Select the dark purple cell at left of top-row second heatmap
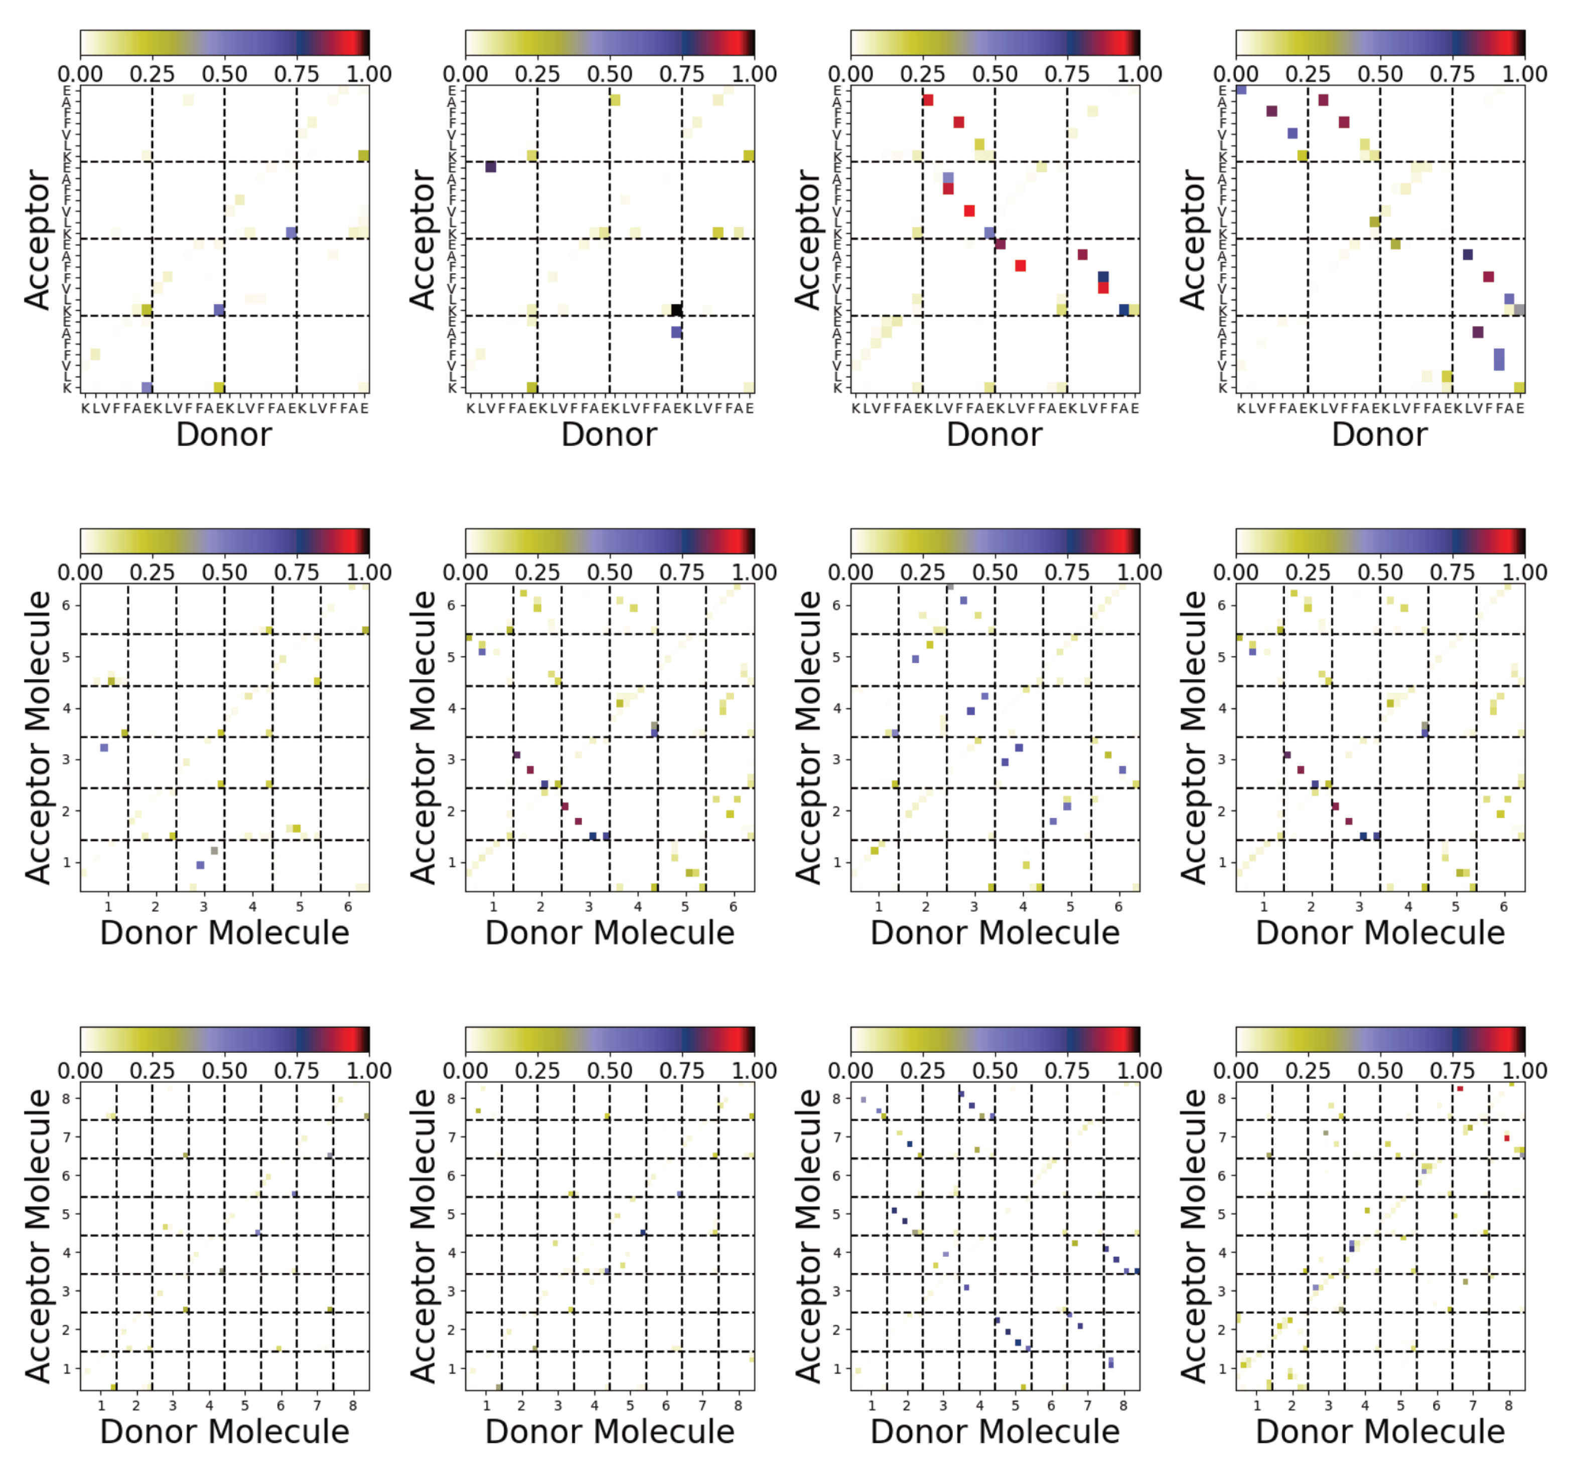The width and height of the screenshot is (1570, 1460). pos(490,167)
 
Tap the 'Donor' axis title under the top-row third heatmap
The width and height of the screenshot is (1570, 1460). pos(994,435)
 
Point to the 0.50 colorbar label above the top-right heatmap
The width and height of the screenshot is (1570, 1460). pos(1380,74)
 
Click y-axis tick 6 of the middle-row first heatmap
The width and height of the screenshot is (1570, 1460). pos(66,606)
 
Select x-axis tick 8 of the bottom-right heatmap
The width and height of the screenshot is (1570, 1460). pos(1508,1405)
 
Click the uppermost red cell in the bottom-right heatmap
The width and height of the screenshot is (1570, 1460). pos(1460,1089)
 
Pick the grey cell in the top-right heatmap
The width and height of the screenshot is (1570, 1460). pos(1519,309)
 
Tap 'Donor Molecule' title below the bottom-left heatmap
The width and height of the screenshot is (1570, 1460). pos(224,1431)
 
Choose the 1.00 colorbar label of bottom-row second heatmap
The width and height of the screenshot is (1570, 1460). pos(754,1071)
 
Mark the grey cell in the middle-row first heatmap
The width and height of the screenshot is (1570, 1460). pos(214,851)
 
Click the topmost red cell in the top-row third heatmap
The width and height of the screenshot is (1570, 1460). pos(928,100)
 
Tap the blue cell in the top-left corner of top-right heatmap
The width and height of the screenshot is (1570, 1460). pos(1241,89)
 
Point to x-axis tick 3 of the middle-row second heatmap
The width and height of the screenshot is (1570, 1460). pos(589,906)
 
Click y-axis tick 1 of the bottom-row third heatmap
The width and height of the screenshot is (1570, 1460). pos(837,1368)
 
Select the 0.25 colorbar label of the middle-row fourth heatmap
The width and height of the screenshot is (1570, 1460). pos(1308,572)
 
